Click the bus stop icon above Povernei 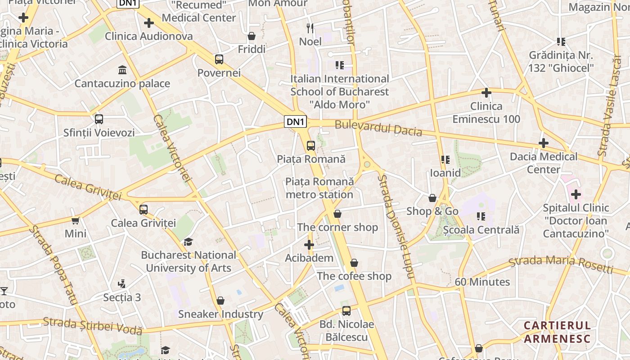(x=219, y=59)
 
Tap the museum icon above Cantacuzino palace (x=122, y=70)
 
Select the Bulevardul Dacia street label (x=378, y=128)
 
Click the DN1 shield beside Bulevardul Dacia (x=296, y=121)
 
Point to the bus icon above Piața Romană (x=311, y=145)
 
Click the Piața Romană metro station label (x=319, y=188)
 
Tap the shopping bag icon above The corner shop (x=337, y=214)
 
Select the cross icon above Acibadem (x=309, y=245)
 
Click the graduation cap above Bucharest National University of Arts (x=188, y=242)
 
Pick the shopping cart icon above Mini (x=76, y=220)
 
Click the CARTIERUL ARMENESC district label (x=557, y=332)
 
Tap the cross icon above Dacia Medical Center (x=544, y=144)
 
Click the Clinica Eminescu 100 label (x=486, y=112)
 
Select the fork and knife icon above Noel (x=310, y=28)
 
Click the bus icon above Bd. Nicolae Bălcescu (x=346, y=311)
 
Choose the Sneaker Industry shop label (x=220, y=314)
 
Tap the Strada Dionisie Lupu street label (x=396, y=229)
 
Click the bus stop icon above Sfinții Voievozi (x=99, y=119)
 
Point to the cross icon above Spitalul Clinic (x=576, y=195)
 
